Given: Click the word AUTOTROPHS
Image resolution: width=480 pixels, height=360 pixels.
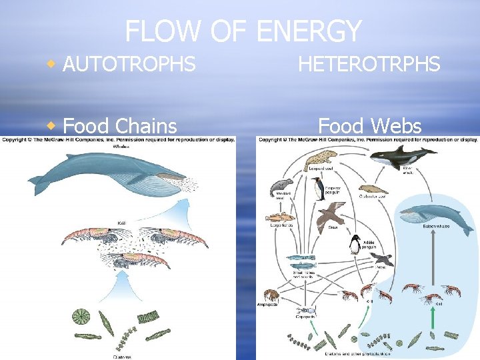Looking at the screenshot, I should point(129,64).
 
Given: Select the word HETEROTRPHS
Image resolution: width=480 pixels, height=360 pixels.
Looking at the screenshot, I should point(369,64).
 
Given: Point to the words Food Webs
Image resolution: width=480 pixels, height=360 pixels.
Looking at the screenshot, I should point(370,125).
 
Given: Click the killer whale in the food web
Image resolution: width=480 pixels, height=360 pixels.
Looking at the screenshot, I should point(401,157).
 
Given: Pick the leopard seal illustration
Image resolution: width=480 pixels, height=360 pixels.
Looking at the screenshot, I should point(322,159).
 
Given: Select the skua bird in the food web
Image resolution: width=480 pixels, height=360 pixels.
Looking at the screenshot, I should point(331,215).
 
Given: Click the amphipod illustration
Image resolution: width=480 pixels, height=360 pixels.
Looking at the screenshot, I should point(271,295).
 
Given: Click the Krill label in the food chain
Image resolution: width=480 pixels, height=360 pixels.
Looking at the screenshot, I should point(122,223).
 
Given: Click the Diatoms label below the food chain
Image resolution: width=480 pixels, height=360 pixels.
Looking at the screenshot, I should point(121,356).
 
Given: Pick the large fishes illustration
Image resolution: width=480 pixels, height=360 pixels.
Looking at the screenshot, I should point(281,218).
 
